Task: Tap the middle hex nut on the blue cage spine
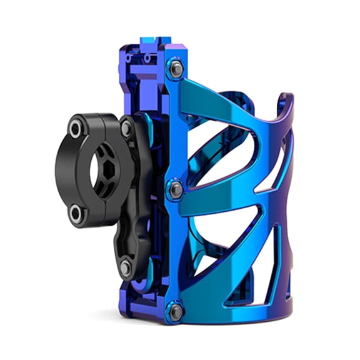point(176,189)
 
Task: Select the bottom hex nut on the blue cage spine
point(176,311)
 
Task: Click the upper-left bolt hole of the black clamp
point(76,129)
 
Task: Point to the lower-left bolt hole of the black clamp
point(76,214)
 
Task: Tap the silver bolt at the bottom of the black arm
point(126,267)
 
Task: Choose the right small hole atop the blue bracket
point(147,58)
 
